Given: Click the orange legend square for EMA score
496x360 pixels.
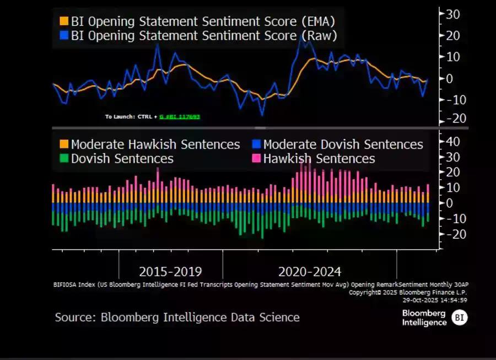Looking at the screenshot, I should pyautogui.click(x=64, y=22).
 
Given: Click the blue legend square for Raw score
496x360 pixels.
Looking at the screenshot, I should pyautogui.click(x=64, y=36).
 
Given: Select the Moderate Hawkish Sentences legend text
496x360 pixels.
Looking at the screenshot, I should pyautogui.click(x=155, y=144).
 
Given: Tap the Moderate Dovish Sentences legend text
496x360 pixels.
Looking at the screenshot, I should pyautogui.click(x=343, y=144).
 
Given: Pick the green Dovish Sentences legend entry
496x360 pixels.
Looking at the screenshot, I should pyautogui.click(x=122, y=159).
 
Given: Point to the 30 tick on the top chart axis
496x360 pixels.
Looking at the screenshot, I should pyautogui.click(x=452, y=14).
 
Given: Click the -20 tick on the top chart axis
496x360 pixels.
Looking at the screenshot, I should pyautogui.click(x=451, y=119).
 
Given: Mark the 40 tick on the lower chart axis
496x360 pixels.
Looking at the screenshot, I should pyautogui.click(x=452, y=142).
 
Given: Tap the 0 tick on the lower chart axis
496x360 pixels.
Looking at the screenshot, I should pyautogui.click(x=449, y=203).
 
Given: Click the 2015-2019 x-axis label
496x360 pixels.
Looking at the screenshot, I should pyautogui.click(x=170, y=272).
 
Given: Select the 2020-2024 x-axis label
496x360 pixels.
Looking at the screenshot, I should pyautogui.click(x=310, y=272).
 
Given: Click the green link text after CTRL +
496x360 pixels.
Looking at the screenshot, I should pyautogui.click(x=180, y=117).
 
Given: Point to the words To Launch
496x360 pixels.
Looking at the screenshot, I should pyautogui.click(x=116, y=117).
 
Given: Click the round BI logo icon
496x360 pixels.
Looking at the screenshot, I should pyautogui.click(x=460, y=318).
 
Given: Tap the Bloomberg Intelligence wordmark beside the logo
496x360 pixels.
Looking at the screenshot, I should pyautogui.click(x=424, y=318).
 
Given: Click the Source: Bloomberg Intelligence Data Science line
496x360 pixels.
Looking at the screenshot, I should pyautogui.click(x=177, y=317).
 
